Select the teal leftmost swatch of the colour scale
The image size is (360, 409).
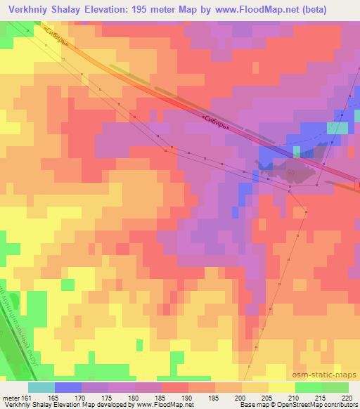[x=41, y=387]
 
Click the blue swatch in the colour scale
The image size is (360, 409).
[x=67, y=387]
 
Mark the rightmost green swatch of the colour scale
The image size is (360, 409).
[x=335, y=387]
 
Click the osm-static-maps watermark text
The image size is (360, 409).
[x=329, y=375]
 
